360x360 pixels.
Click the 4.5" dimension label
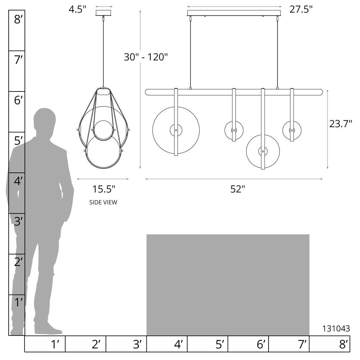pos(78,10)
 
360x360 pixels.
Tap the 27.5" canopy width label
pos(301,9)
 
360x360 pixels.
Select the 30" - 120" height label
pos(146,57)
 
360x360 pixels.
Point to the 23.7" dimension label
pos(341,124)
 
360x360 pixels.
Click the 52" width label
pos(238,189)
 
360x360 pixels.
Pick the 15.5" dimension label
pos(104,189)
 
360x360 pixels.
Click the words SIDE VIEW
pos(103,202)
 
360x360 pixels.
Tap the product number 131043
pos(336,329)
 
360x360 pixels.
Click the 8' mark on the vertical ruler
pos(18,19)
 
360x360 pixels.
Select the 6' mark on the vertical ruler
pos(18,100)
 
